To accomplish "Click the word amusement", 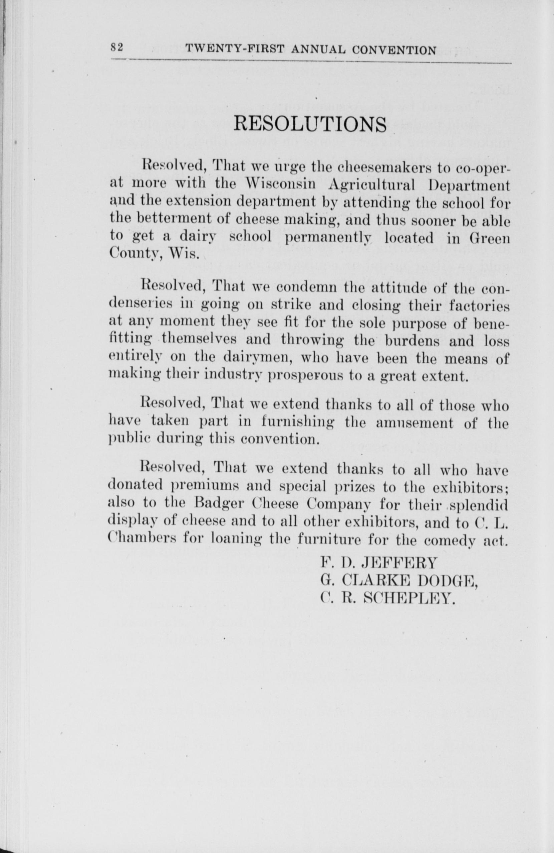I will pos(414,423).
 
